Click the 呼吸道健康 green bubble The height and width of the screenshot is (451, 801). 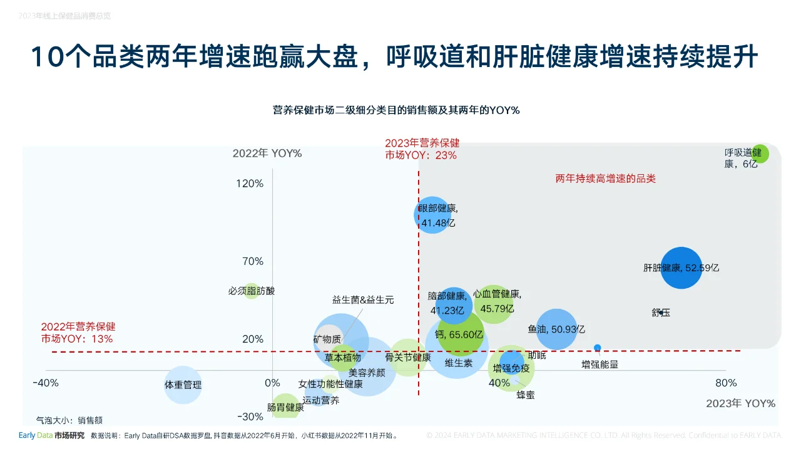[760, 153]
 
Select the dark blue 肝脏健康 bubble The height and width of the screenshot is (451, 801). [681, 268]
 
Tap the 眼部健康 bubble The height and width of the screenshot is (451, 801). [433, 215]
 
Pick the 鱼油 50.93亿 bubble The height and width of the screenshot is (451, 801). [556, 329]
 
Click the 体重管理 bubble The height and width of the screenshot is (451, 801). [183, 385]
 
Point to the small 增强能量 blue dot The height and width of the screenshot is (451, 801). [598, 348]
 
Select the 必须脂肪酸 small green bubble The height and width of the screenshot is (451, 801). [251, 291]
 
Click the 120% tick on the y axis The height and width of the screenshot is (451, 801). [250, 184]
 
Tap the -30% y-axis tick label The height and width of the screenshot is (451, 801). [250, 417]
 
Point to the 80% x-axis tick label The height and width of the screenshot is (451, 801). [726, 383]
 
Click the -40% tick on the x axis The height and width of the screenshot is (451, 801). [46, 383]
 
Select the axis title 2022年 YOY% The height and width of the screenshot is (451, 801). [267, 153]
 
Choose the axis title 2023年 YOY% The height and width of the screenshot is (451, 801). [740, 403]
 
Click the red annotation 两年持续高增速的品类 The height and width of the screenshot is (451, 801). [605, 179]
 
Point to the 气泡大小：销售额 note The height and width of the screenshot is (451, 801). [69, 421]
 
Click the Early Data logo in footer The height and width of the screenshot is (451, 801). [35, 435]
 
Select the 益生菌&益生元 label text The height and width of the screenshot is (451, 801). [363, 300]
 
